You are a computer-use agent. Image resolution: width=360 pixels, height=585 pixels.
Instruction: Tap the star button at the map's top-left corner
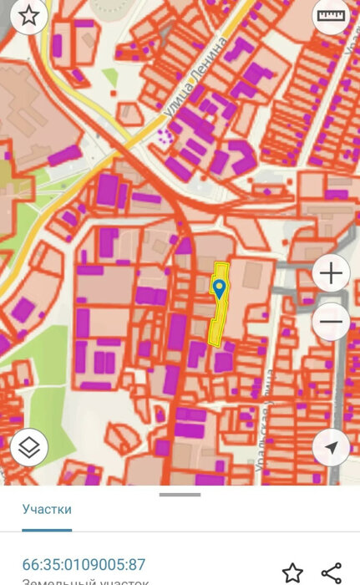tap(29, 18)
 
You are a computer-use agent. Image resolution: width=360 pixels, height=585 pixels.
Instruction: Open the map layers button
tap(29, 447)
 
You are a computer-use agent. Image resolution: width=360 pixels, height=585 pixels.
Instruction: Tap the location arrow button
tap(331, 448)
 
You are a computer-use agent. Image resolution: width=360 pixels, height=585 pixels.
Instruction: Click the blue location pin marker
tap(219, 289)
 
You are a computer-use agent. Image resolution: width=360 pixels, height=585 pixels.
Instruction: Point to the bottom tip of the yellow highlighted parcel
tap(214, 343)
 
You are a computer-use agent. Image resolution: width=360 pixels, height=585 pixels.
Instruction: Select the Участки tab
tap(47, 509)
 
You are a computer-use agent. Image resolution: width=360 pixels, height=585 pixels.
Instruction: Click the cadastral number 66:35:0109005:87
tap(84, 564)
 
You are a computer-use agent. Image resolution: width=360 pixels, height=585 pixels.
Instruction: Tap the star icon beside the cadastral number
tap(292, 572)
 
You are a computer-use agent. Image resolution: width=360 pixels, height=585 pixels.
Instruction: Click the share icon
tap(331, 572)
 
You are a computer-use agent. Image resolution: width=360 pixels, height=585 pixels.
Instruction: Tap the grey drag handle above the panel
tap(180, 494)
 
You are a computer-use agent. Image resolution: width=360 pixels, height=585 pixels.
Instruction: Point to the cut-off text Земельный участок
tap(84, 582)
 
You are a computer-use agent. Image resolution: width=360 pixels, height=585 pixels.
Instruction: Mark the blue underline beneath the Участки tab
tap(47, 529)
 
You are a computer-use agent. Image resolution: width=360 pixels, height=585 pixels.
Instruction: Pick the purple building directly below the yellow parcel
tap(222, 362)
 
